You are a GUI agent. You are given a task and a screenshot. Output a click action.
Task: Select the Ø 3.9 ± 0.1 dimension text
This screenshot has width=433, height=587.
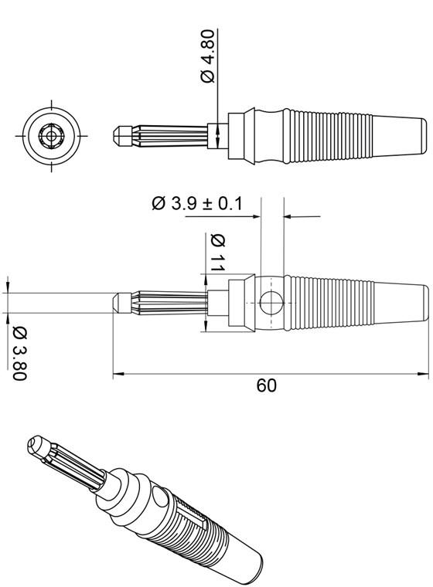click(196, 203)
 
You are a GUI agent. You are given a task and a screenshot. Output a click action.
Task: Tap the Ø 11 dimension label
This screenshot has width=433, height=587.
click(217, 252)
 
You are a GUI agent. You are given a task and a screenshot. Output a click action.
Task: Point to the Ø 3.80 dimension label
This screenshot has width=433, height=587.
click(20, 353)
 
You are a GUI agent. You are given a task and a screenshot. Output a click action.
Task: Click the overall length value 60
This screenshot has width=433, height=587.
click(266, 385)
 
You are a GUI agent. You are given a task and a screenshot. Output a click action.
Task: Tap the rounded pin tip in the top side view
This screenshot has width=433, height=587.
click(117, 136)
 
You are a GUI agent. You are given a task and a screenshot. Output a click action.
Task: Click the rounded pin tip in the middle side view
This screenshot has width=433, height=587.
click(117, 302)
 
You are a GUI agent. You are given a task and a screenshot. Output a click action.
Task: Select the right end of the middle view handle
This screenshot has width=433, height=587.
click(426, 302)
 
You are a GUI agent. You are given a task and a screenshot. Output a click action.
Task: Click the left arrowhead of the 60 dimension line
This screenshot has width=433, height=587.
click(117, 375)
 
